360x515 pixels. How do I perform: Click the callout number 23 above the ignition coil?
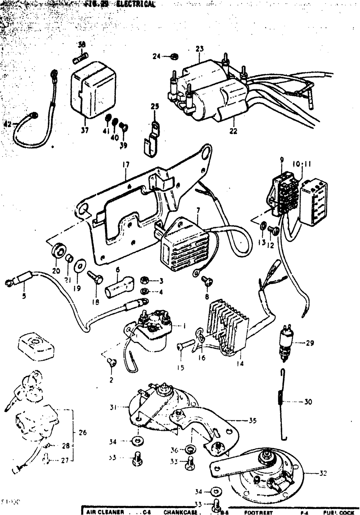pos(199,49)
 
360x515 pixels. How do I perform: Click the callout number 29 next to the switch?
pos(310,343)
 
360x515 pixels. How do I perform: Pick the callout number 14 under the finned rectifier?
pos(240,363)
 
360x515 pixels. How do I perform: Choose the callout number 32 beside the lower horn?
pos(322,473)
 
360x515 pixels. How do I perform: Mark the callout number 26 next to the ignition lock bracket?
pos(82,433)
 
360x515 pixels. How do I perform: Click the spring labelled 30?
pos(284,400)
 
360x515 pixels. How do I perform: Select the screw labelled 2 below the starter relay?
pos(112,363)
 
